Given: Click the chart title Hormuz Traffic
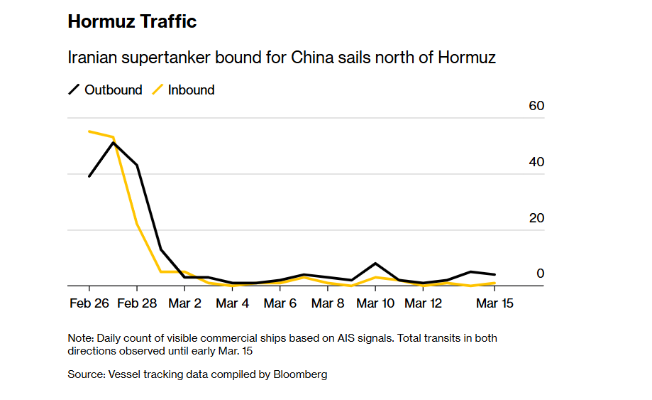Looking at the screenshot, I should click(132, 22).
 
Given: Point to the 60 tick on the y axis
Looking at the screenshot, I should click(536, 106).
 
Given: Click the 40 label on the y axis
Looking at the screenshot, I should click(536, 162).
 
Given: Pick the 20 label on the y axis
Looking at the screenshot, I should click(536, 218).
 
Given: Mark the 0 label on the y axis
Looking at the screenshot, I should click(540, 274).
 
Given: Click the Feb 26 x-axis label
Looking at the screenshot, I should click(89, 303).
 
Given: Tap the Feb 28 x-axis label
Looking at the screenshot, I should click(137, 303).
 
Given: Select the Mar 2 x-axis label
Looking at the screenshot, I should click(184, 303).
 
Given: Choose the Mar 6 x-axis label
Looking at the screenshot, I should click(280, 303).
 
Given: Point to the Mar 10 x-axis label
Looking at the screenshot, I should click(375, 303).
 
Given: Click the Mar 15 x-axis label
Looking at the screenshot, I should click(494, 303).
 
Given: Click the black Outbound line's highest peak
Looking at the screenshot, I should click(114, 143).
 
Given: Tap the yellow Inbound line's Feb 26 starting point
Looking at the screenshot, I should click(89, 131).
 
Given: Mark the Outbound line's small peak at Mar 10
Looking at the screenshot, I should click(375, 264).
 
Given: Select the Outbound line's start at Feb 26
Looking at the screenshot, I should click(89, 175).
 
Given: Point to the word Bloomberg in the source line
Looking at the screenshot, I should click(300, 374).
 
